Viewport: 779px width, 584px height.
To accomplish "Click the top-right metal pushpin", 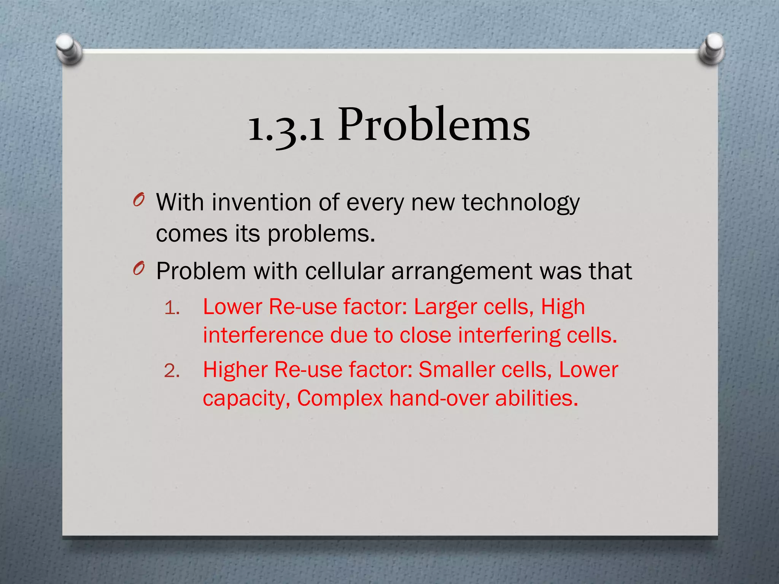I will [712, 49].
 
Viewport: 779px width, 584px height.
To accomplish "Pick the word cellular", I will [344, 271].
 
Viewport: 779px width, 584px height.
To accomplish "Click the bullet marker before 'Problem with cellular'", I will [139, 269].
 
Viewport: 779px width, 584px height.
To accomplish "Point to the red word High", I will [563, 308].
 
